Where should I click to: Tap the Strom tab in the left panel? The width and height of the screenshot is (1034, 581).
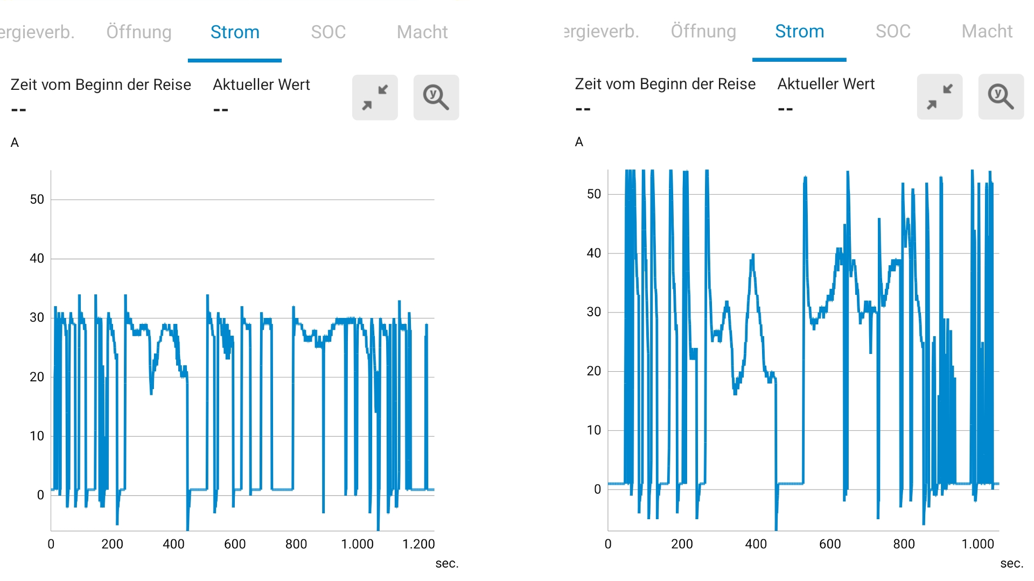click(x=235, y=32)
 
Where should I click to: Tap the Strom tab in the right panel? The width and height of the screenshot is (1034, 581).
click(x=799, y=32)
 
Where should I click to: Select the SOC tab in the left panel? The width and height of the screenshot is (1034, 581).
click(x=328, y=32)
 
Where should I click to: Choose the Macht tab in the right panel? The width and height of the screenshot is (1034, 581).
click(x=987, y=32)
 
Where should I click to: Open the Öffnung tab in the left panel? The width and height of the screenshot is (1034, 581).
click(x=139, y=32)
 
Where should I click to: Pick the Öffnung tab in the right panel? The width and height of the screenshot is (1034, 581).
click(x=703, y=32)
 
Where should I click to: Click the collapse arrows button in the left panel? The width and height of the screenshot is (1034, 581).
click(x=375, y=97)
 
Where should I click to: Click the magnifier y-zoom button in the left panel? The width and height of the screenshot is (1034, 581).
click(x=436, y=97)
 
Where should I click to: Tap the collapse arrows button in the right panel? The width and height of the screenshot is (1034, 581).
click(x=940, y=97)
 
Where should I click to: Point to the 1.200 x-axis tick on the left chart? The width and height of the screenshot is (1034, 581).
click(x=418, y=544)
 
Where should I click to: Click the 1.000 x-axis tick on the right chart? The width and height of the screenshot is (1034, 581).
click(x=977, y=544)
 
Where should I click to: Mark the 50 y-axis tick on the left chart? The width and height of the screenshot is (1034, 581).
click(x=37, y=200)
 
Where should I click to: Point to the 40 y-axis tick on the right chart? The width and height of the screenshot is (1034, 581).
click(x=593, y=253)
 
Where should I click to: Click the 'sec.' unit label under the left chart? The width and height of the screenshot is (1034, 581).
click(x=447, y=563)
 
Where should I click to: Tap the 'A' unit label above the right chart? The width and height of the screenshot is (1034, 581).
click(x=579, y=142)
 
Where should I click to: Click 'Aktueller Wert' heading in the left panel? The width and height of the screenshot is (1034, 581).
click(x=261, y=85)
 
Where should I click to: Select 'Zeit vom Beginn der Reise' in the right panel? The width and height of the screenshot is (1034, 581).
click(x=665, y=84)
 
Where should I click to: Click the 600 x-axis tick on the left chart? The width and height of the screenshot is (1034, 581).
click(x=235, y=544)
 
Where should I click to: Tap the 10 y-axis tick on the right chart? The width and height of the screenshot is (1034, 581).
click(x=593, y=430)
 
